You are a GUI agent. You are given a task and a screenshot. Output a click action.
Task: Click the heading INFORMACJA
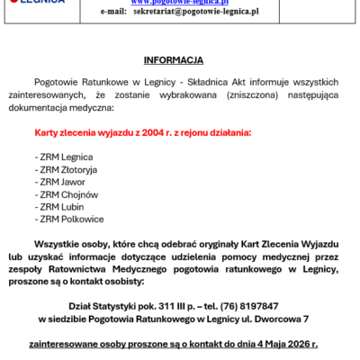[179, 59]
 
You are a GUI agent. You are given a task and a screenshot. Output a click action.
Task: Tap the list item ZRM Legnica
[60, 156]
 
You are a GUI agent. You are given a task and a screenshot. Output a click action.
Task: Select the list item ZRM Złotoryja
[66, 168]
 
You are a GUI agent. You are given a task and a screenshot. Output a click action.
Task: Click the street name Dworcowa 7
[280, 319]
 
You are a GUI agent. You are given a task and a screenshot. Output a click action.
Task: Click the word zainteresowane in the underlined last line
[75, 344]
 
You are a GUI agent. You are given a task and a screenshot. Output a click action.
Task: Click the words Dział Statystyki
[98, 306]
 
